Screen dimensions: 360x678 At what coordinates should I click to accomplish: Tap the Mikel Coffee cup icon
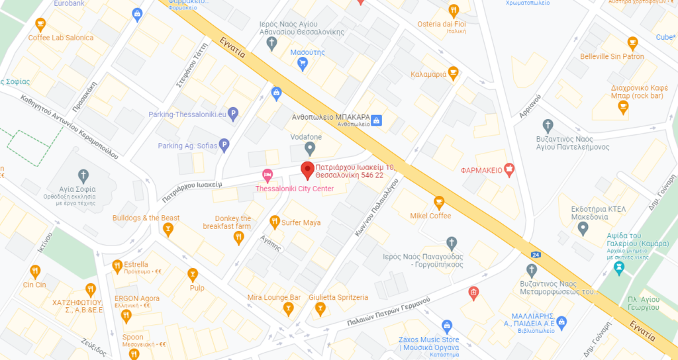coord(438,202)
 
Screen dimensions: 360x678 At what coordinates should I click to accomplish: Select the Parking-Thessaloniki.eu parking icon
coord(232,114)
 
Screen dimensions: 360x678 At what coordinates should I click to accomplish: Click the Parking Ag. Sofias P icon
coord(224,145)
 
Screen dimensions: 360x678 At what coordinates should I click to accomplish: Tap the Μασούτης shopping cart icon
coord(303,64)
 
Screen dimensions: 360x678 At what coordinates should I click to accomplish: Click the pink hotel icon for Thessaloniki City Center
coord(267,176)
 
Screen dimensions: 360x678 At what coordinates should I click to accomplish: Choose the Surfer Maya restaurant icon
coord(274,222)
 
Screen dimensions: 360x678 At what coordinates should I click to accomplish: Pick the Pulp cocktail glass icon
coord(193,274)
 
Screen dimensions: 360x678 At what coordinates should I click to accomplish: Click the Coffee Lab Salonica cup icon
coord(40,25)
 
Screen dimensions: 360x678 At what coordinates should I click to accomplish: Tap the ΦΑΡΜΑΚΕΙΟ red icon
coord(508,169)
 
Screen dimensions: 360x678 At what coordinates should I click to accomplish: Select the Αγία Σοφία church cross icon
coord(83,176)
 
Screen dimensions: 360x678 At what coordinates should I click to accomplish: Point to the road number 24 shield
coord(534,254)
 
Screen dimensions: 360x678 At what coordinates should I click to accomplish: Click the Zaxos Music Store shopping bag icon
coord(447,326)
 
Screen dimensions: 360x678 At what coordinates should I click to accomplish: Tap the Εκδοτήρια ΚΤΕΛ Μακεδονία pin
coord(583,229)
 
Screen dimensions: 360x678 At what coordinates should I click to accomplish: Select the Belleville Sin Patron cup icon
coord(632,44)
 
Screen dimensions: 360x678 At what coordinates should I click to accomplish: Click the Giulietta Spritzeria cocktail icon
coord(320,309)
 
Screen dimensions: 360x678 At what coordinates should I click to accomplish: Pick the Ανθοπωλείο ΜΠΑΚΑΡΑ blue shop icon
coord(376,120)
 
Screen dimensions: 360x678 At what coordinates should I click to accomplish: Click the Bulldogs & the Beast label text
coord(146,218)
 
